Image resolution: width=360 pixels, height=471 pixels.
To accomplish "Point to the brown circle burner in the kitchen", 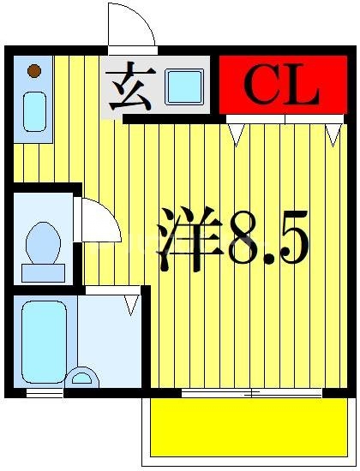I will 33,71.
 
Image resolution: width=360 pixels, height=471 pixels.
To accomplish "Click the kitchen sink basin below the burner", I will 34,112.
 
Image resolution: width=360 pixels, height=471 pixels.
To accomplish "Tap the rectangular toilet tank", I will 43,272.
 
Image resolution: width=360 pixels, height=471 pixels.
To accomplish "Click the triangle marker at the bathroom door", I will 131,303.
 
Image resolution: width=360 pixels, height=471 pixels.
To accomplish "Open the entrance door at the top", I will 130,26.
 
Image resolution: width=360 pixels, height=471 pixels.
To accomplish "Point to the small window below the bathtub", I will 45,393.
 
